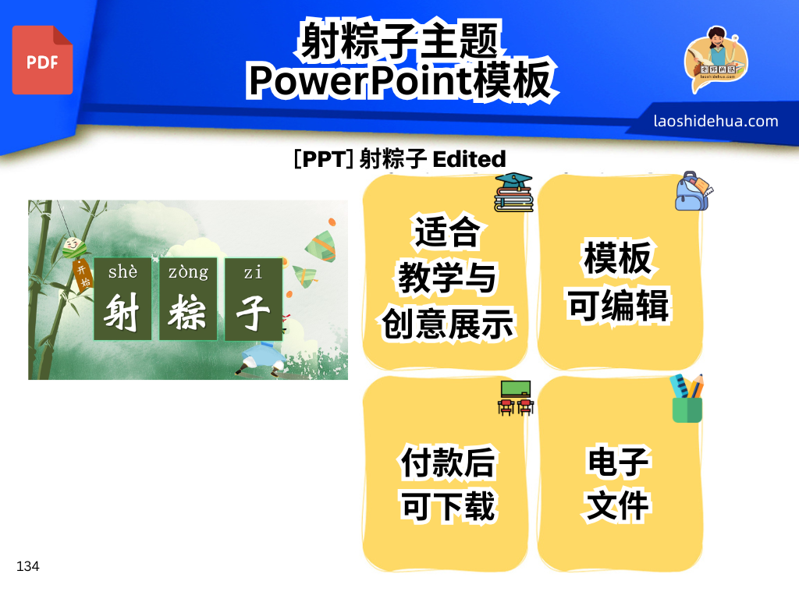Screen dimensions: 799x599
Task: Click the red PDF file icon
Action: (42, 60)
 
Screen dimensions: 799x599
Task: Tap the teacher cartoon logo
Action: (716, 58)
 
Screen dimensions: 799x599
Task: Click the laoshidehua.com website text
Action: (716, 121)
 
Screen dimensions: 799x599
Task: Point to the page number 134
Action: (27, 566)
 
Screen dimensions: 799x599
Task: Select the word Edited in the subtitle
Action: (469, 159)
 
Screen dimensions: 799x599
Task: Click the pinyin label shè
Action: (123, 271)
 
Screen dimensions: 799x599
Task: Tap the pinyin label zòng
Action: (188, 272)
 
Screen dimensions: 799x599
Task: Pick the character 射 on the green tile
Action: (122, 312)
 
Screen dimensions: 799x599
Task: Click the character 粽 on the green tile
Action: (187, 312)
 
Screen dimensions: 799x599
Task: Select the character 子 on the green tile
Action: (253, 312)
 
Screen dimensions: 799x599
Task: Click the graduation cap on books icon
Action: (513, 192)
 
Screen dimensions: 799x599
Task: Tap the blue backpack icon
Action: (693, 191)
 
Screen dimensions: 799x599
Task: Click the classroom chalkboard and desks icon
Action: (516, 398)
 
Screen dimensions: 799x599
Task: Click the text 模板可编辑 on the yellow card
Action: (618, 282)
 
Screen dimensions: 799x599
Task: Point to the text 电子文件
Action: (618, 484)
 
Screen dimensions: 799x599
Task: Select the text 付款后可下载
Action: (447, 484)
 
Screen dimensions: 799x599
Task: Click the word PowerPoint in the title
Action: (360, 80)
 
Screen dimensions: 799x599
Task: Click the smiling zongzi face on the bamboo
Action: (74, 246)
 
